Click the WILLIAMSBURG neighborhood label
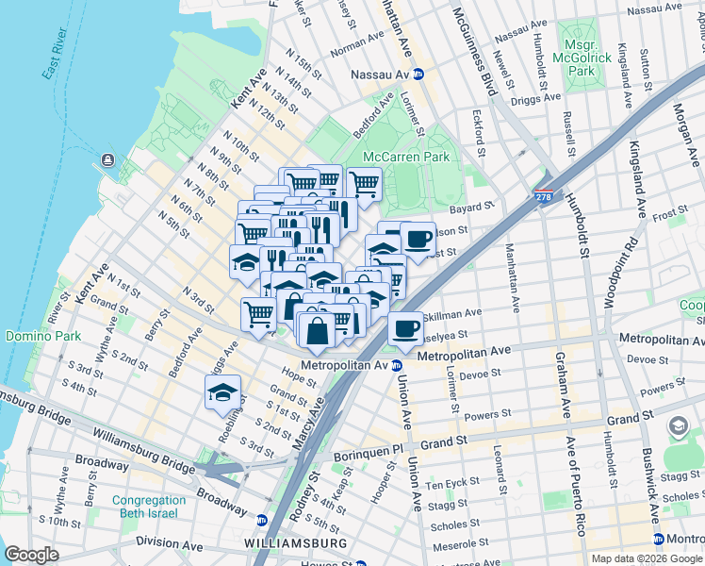[x=295, y=544]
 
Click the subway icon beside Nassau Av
[x=418, y=74]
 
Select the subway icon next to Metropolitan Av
[x=397, y=365]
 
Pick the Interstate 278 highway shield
[x=543, y=196]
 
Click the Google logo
[x=32, y=555]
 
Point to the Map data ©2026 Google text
[x=647, y=558]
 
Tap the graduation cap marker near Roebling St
[x=222, y=392]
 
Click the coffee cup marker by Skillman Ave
[x=405, y=329]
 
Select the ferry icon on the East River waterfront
[x=107, y=159]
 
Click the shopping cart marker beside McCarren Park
[x=364, y=183]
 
